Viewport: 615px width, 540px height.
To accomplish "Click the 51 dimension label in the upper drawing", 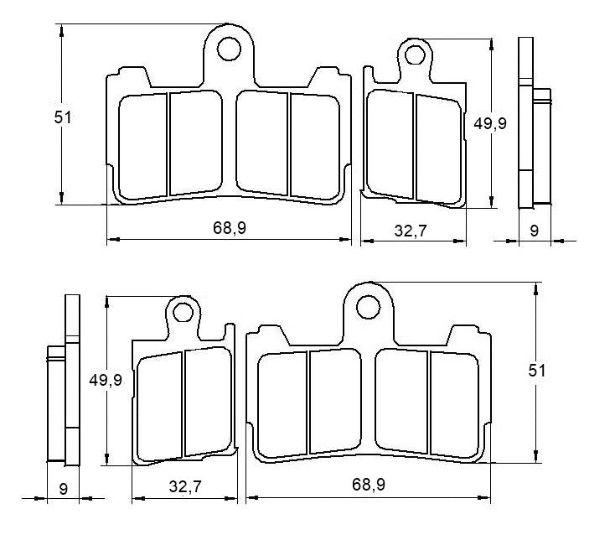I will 63,118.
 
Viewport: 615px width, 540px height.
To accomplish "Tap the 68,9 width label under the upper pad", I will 229,228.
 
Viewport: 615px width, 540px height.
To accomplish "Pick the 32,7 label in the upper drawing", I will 411,231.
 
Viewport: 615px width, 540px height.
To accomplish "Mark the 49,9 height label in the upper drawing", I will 490,123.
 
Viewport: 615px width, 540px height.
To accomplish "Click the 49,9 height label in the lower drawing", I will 106,380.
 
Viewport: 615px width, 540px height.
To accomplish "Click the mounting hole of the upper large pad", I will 228,49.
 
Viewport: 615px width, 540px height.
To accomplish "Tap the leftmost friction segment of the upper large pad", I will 144,146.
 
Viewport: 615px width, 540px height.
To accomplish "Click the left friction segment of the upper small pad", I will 391,144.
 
